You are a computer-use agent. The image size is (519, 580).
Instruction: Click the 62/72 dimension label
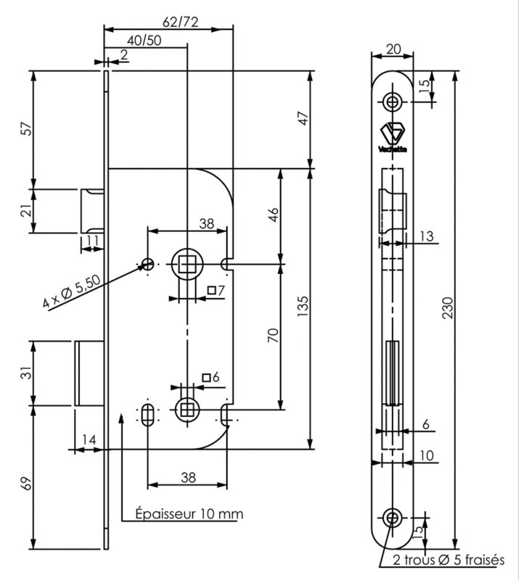point(181,22)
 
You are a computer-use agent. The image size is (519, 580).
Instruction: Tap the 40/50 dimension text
point(144,41)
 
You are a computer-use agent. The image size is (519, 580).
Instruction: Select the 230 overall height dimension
point(448,307)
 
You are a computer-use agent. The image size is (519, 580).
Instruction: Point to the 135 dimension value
point(303,306)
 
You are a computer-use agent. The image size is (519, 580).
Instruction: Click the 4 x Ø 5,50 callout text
point(71,292)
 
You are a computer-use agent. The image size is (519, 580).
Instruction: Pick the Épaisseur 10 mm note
point(189,514)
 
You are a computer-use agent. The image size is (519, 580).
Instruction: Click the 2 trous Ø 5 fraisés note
point(449,560)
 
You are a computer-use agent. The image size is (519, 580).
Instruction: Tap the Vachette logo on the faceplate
point(393,137)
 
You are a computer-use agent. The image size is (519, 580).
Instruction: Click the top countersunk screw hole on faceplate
point(392,101)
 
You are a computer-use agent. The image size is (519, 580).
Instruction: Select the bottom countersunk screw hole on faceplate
point(392,518)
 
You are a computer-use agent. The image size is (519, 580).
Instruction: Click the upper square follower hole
point(188,264)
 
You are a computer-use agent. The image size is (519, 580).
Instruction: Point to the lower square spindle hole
point(187,410)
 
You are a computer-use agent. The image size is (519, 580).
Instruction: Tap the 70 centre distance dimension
point(273,335)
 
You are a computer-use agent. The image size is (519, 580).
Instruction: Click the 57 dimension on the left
point(27,129)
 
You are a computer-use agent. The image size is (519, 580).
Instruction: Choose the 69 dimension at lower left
point(27,484)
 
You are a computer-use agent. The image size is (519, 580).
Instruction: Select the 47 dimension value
point(303,118)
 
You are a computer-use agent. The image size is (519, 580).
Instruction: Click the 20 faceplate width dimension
point(393,49)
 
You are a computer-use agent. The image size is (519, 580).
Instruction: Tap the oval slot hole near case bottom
point(148,415)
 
